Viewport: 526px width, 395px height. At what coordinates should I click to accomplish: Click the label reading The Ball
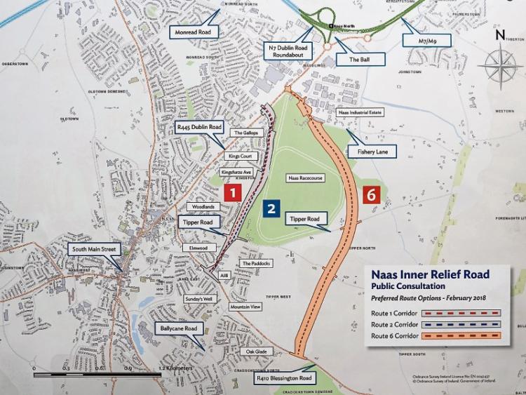click(358, 60)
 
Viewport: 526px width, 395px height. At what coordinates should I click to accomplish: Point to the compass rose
click(500, 63)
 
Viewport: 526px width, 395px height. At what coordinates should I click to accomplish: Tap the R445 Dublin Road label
click(199, 128)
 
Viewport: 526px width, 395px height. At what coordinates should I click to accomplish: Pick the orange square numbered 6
click(372, 194)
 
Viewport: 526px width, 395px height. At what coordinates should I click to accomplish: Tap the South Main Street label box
click(95, 249)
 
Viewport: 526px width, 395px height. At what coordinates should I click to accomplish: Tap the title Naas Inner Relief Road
click(430, 274)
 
